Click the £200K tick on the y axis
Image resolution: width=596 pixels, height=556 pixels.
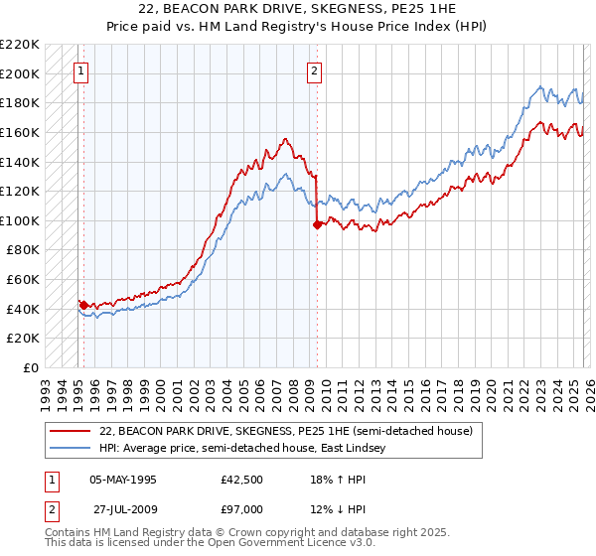[20, 73]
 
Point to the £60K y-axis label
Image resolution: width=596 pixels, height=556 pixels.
[23, 280]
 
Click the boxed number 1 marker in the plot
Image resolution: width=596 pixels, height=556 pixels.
[80, 70]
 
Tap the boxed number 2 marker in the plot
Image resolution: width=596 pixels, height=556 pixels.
[315, 70]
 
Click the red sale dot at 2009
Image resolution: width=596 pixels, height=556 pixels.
[317, 225]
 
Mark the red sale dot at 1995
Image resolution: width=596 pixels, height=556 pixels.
[83, 305]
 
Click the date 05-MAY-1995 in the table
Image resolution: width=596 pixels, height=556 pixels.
[122, 478]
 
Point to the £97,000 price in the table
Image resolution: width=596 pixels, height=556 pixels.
[241, 509]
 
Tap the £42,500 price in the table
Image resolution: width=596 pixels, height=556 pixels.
[241, 478]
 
